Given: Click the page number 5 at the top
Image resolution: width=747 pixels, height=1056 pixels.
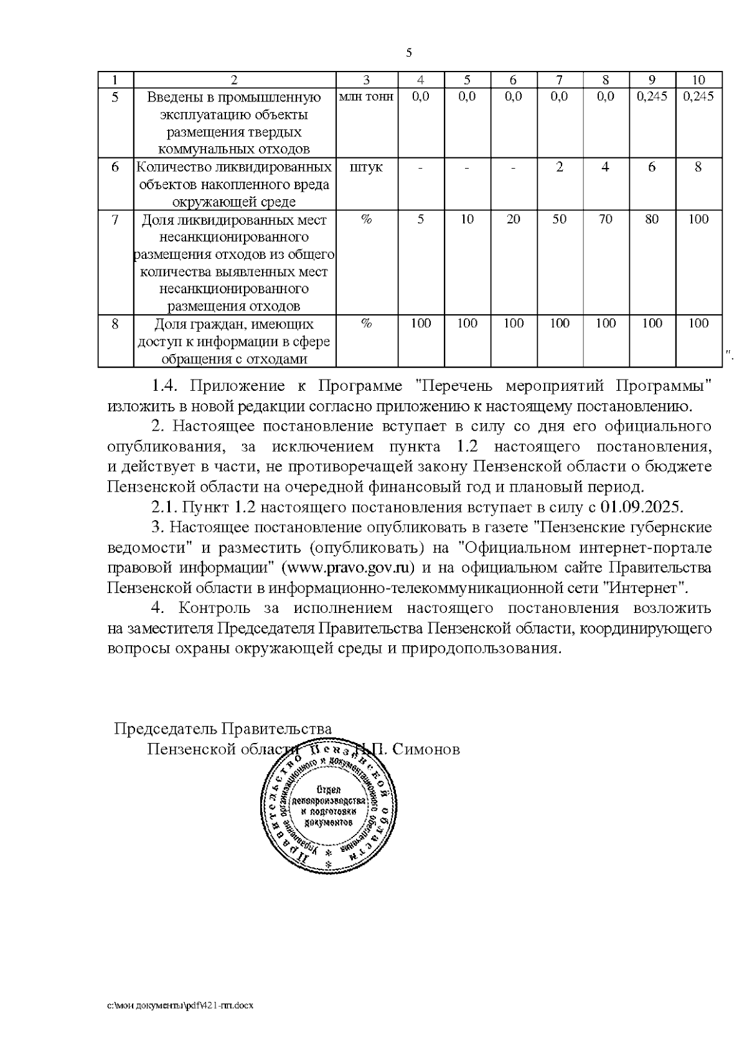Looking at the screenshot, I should [x=409, y=53].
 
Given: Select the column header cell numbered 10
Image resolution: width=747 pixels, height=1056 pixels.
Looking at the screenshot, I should [x=698, y=80].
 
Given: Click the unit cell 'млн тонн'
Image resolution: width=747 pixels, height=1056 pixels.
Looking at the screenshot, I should [x=367, y=97].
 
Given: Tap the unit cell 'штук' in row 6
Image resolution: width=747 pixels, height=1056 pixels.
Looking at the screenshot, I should [x=367, y=167].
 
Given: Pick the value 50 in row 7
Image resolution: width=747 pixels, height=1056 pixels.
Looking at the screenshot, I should [x=559, y=220].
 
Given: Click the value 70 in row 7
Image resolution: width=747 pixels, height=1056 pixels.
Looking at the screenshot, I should [x=605, y=220].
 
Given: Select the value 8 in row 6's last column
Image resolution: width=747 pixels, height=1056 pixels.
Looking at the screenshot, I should [x=698, y=167].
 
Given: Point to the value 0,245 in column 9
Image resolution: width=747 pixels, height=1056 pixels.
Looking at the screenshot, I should [x=652, y=96].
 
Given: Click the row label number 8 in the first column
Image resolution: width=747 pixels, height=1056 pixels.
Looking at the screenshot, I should [x=115, y=324].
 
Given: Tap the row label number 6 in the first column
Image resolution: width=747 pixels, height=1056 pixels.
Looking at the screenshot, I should [x=115, y=167].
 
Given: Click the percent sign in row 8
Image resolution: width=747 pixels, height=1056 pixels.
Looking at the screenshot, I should [x=367, y=324].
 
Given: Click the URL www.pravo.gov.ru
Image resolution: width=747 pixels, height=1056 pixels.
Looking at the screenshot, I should [x=349, y=568].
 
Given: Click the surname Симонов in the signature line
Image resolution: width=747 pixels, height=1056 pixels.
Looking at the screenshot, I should [x=427, y=749].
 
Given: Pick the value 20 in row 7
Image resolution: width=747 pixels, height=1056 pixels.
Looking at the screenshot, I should [x=513, y=220].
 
